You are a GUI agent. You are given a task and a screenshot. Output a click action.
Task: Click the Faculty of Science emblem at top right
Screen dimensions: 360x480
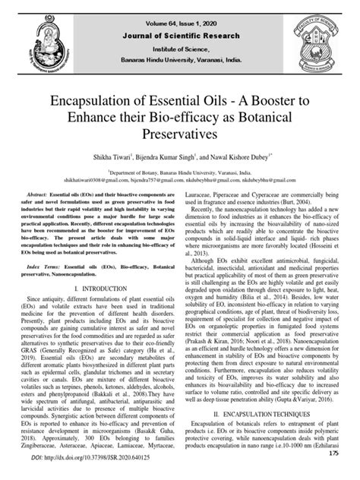click(x=313, y=36)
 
